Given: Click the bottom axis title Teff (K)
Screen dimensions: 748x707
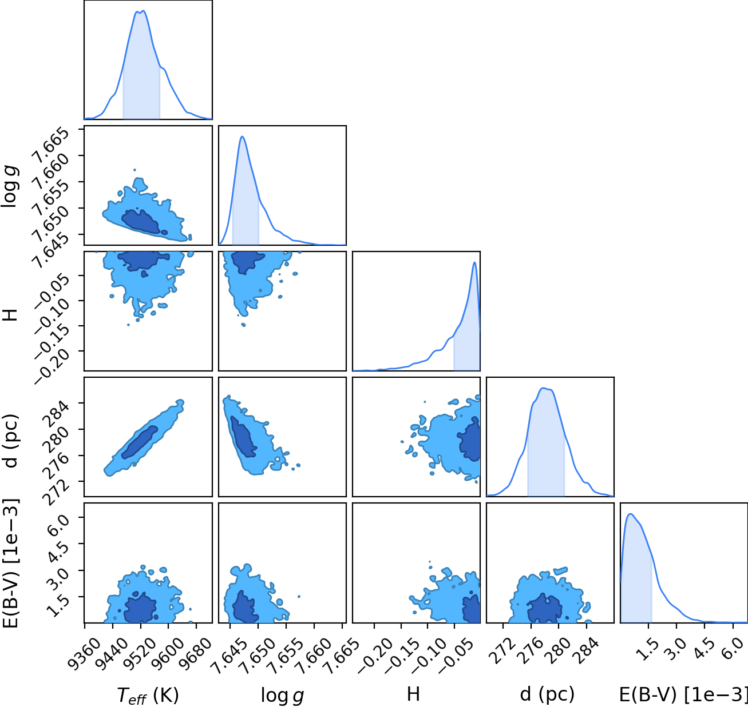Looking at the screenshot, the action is pyautogui.click(x=148, y=696).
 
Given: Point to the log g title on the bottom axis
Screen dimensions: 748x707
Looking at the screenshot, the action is pyautogui.click(x=282, y=696).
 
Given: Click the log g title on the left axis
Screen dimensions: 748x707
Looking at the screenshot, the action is pyautogui.click(x=10, y=187).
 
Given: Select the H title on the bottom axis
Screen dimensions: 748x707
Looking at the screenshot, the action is pyautogui.click(x=413, y=694).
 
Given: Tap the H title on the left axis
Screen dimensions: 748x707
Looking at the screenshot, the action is pyautogui.click(x=10, y=315).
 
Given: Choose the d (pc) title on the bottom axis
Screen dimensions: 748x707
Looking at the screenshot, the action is pyautogui.click(x=547, y=694).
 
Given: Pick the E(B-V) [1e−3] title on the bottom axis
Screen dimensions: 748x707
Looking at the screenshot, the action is pyautogui.click(x=683, y=694).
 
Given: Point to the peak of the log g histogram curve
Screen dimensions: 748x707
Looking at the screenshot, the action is pyautogui.click(x=242, y=137).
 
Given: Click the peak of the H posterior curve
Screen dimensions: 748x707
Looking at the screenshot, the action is pyautogui.click(x=474, y=262).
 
